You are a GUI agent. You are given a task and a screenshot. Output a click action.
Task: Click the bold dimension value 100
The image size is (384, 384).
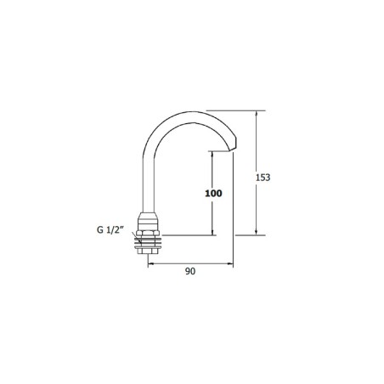pyautogui.click(x=213, y=194)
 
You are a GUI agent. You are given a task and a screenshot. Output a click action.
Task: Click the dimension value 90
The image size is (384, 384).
pyautogui.click(x=190, y=273)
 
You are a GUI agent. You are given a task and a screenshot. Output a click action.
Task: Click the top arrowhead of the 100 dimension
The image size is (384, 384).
pyautogui.click(x=212, y=154)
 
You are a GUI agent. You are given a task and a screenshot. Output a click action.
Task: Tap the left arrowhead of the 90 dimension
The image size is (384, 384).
pyautogui.click(x=152, y=263)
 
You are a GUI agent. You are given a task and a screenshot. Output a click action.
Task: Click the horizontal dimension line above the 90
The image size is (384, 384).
pyautogui.click(x=191, y=263)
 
